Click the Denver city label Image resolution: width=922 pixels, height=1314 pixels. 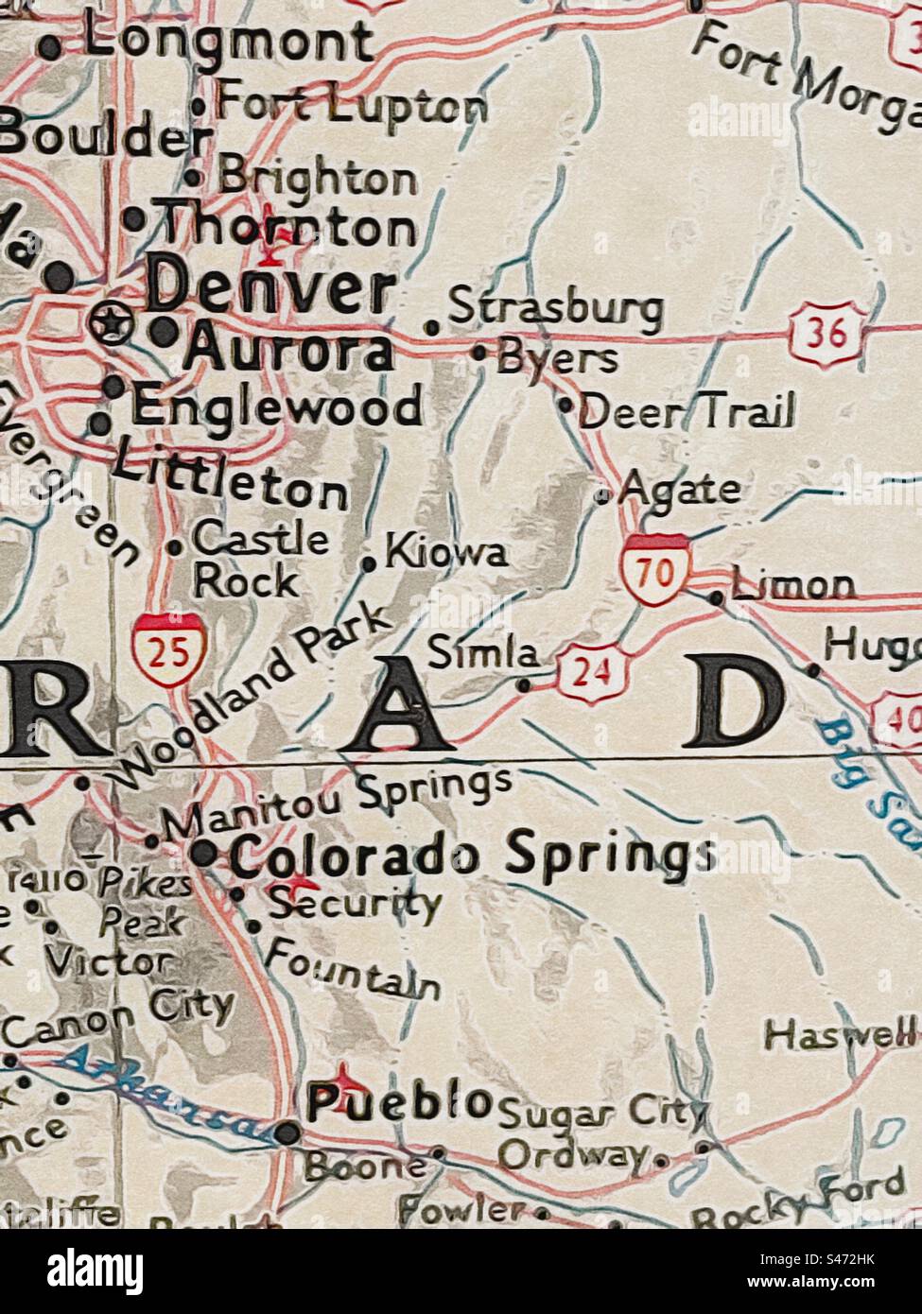pyautogui.click(x=271, y=288)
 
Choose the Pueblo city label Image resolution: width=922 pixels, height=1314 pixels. pyautogui.click(x=400, y=1102)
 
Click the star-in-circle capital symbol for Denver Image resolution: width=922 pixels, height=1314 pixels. pyautogui.click(x=111, y=324)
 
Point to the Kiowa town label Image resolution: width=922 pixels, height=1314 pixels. pyautogui.click(x=445, y=554)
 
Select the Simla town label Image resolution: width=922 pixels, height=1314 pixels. pyautogui.click(x=483, y=653)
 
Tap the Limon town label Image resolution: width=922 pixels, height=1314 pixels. pyautogui.click(x=792, y=586)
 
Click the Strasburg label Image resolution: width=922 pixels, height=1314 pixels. pyautogui.click(x=554, y=307)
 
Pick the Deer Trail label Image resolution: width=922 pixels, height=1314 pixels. pyautogui.click(x=686, y=412)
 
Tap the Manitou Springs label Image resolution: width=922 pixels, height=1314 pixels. pyautogui.click(x=336, y=804)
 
